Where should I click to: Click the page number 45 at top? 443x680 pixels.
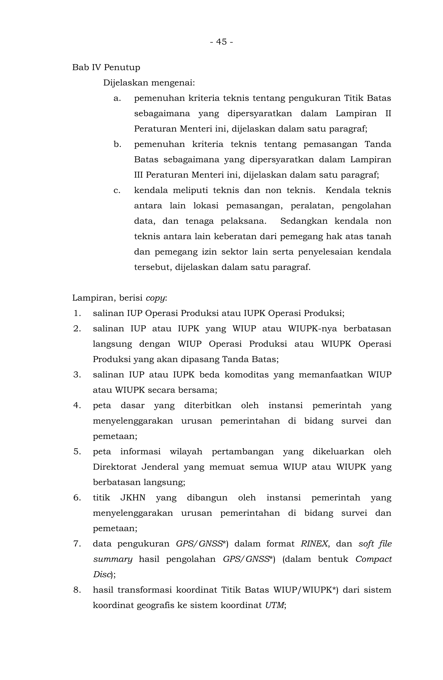pos(221,42)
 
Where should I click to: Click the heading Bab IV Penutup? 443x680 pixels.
pos(106,67)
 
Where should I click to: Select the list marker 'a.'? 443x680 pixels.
pos(117,98)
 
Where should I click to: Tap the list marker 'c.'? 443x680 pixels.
pos(117,190)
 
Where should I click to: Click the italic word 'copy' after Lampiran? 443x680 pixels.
pos(155,298)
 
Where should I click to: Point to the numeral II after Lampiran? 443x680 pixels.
pos(388,114)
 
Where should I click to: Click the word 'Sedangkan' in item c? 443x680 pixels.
pos(304,221)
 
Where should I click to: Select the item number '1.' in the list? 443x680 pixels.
pos(77,314)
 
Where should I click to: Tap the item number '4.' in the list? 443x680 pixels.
pos(77,405)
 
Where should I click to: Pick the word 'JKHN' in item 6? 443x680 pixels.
pos(133,498)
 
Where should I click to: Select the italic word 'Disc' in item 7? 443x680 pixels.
pos(101,574)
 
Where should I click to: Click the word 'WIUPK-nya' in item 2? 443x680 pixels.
pos(312,329)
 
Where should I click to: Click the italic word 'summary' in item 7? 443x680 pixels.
pos(113,559)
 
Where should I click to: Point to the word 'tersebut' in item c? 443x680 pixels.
pos(152,267)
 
